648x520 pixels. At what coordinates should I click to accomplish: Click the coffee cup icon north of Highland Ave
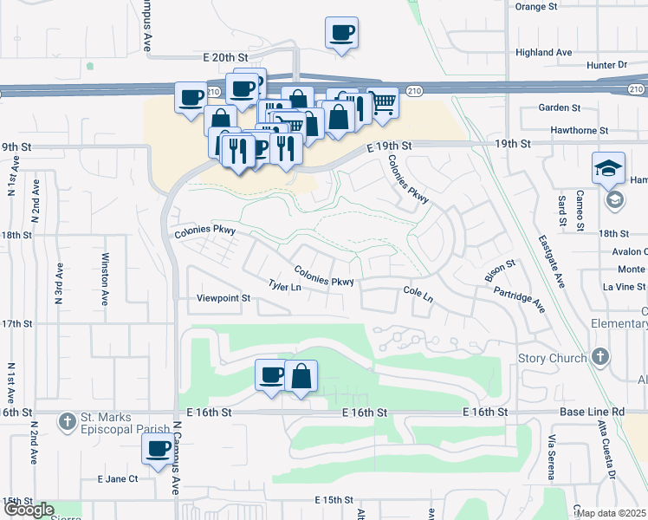tap(341, 34)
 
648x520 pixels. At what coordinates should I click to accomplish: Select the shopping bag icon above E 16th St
tap(301, 376)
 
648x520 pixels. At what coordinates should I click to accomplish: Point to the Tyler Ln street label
tap(284, 285)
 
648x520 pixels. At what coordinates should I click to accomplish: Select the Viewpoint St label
tap(223, 298)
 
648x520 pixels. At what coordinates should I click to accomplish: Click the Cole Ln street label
tap(418, 295)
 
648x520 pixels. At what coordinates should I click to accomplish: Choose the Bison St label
tap(500, 270)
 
